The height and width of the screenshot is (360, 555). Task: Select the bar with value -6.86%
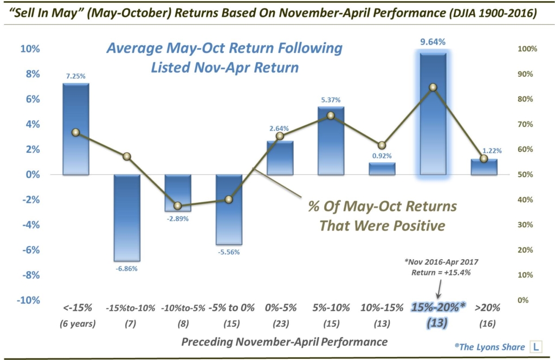pos(127,217)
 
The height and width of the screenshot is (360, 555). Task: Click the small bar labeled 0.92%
pos(382,169)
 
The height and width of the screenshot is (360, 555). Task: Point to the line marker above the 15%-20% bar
pos(433,87)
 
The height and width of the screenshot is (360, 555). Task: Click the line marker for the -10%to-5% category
pos(178,206)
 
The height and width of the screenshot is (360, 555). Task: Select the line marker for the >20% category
pos(483,158)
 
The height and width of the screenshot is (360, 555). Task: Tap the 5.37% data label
pos(331,100)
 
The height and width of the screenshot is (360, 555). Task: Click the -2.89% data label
pos(178,217)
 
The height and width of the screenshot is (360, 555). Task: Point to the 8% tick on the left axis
pos(30,74)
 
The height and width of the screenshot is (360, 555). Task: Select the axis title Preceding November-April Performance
pos(284,342)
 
